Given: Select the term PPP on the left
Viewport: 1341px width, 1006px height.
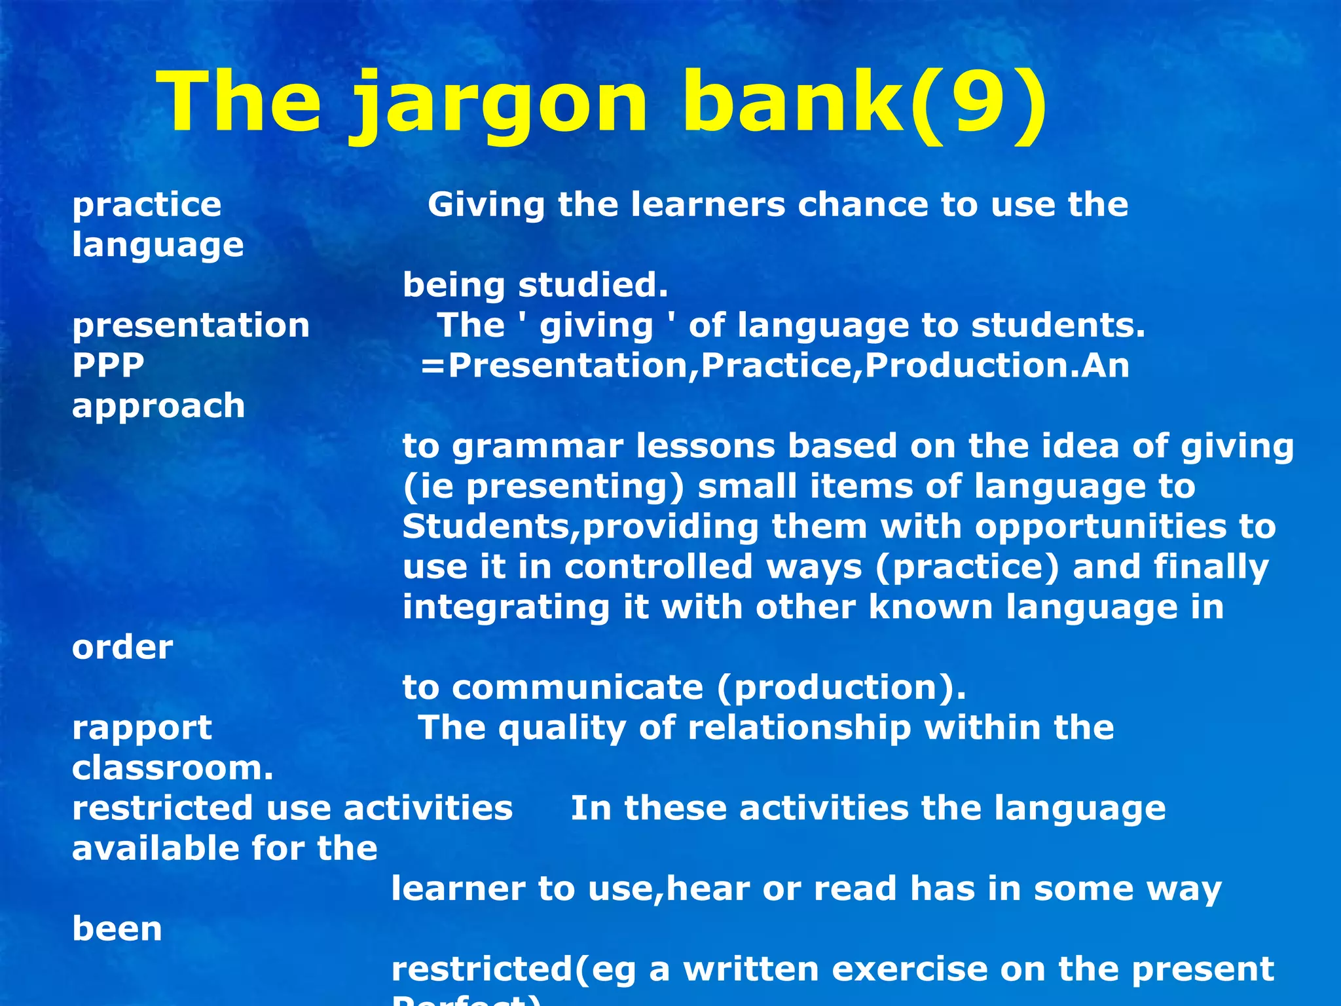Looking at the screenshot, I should pos(108,365).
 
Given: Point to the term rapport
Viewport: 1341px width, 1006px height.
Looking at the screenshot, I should pos(141,728).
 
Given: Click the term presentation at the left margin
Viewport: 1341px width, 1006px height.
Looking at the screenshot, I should pos(191,325).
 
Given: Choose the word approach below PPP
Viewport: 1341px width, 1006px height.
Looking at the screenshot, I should pos(158,406).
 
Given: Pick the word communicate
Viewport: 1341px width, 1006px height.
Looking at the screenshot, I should pos(577,688).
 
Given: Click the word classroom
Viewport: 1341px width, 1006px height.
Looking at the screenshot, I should pos(172,768).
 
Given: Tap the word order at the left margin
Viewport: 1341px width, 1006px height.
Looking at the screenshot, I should pos(122,648).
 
